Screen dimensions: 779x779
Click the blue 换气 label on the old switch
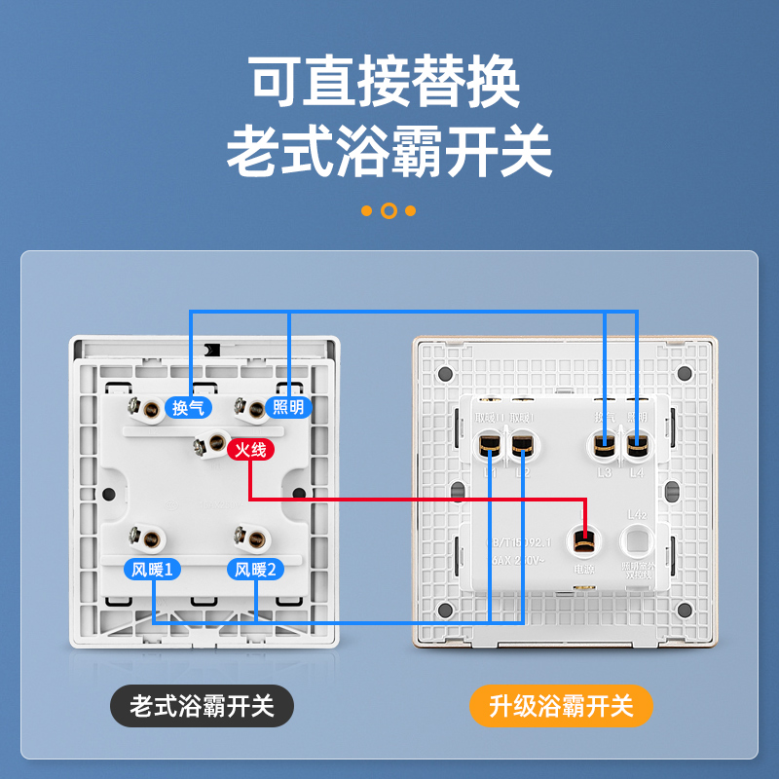click(188, 407)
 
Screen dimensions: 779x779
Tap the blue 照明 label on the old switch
click(288, 407)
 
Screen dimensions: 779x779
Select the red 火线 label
click(250, 450)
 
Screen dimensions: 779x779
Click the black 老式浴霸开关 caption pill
click(202, 705)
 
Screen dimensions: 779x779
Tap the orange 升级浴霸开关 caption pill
click(561, 705)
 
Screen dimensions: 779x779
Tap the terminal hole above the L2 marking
click(522, 447)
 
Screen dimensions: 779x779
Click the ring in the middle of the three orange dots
click(389, 210)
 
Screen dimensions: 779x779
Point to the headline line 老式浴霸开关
click(389, 151)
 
